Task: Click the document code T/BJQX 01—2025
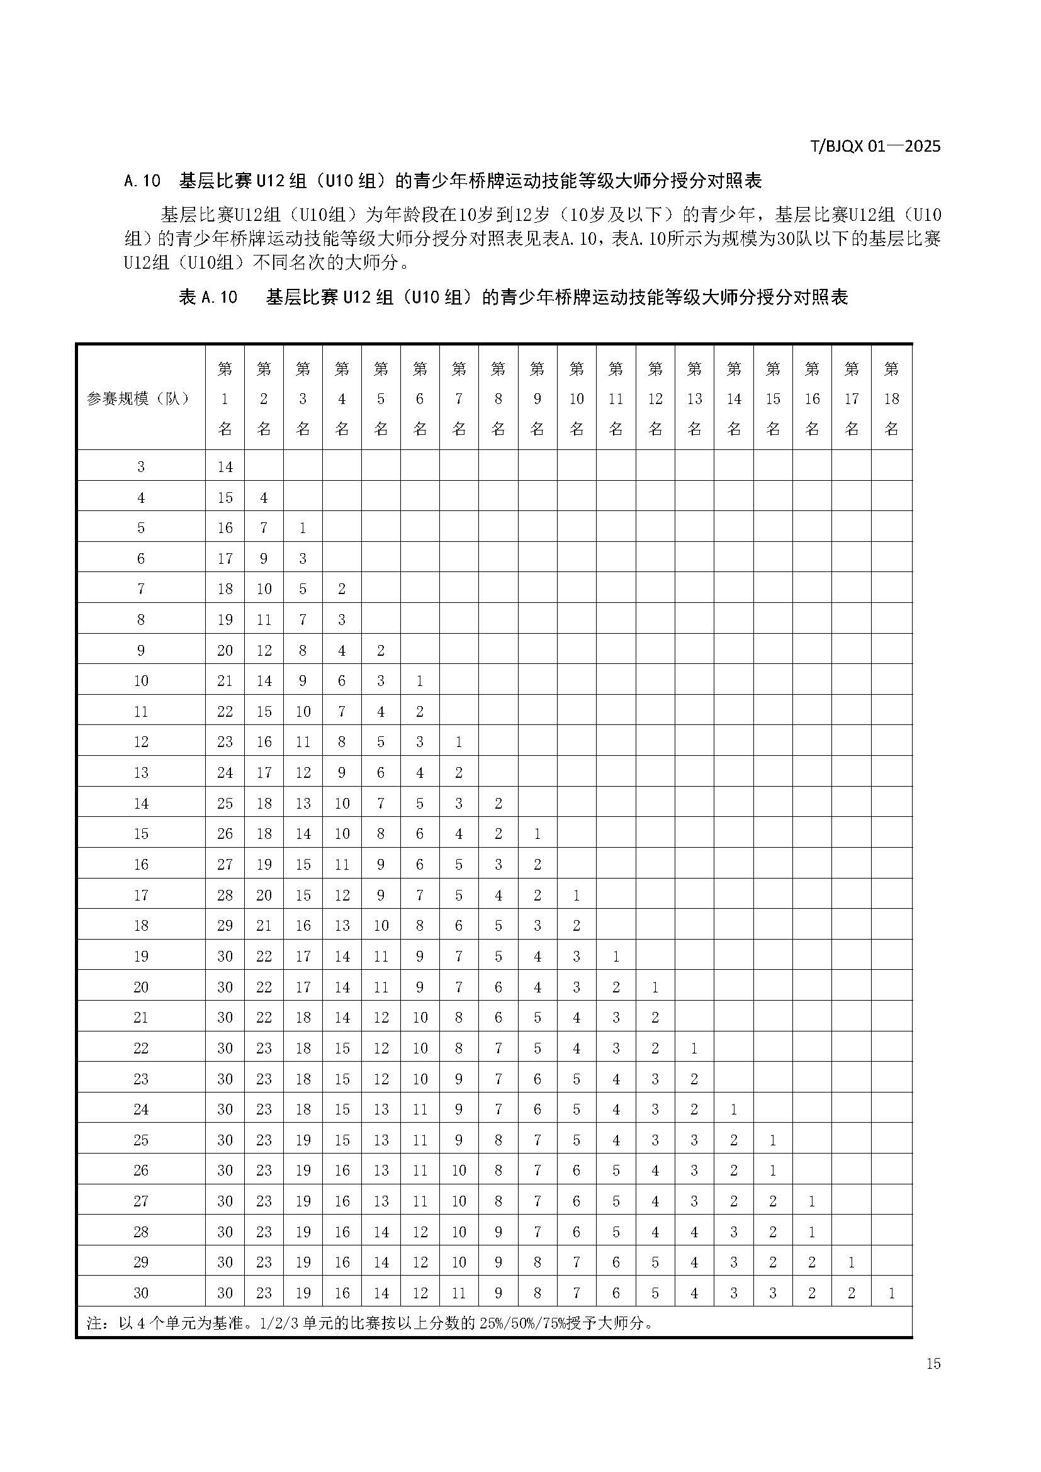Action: pos(875,146)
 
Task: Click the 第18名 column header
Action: pos(891,399)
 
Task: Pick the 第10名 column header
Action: pos(577,399)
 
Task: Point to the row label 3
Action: pos(140,467)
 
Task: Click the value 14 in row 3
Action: pos(224,467)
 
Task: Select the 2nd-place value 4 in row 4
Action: pos(264,498)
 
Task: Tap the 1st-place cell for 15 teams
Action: pos(224,833)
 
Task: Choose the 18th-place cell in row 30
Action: pos(891,1293)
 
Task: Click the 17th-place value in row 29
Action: pos(852,1262)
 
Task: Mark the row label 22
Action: pos(140,1048)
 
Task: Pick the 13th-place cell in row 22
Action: pos(694,1048)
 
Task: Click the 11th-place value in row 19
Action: pos(616,957)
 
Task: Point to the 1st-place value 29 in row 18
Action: pos(224,925)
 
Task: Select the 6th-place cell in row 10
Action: pos(420,680)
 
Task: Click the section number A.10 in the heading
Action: pos(142,181)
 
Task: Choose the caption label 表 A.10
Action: pos(208,297)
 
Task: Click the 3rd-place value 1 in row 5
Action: pos(303,527)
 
